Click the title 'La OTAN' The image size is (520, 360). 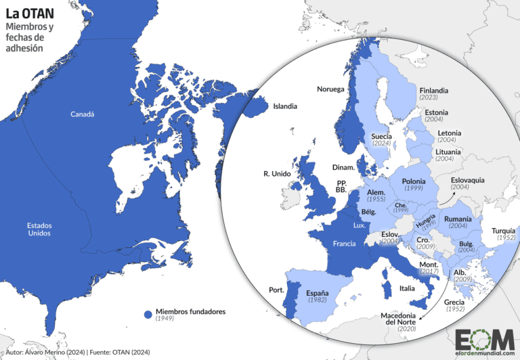30,13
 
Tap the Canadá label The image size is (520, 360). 83,114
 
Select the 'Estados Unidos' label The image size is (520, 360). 39,229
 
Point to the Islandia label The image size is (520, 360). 284,106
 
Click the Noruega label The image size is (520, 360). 331,89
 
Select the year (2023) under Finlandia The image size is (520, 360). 429,97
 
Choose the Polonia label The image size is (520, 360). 414,181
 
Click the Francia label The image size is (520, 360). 345,243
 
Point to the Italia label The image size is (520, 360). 407,288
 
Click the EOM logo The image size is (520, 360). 481,340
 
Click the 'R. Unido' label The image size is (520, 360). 277,174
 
